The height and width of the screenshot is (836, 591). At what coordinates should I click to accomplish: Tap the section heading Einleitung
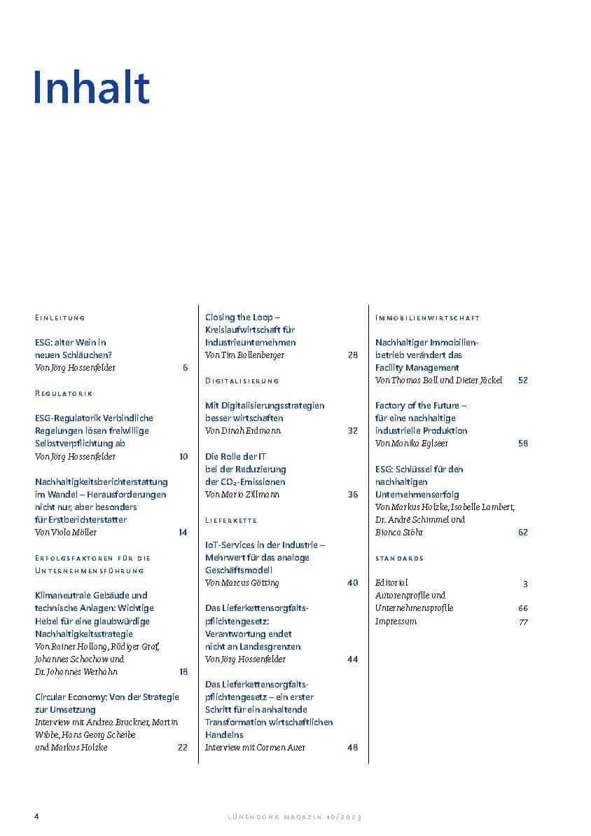pos(60,318)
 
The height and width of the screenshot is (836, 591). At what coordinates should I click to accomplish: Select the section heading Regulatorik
pos(64,394)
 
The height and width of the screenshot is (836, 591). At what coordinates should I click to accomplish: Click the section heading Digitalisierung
pos(242,381)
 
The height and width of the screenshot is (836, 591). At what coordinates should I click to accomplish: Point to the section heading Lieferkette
pos(231,521)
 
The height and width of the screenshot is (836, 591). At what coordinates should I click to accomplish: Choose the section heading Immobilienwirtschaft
pos(427,318)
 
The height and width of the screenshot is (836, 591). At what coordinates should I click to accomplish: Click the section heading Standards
pos(399,559)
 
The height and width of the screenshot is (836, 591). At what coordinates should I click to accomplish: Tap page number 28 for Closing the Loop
pos(352,355)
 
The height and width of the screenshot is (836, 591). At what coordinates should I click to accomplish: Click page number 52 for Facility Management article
pos(522,381)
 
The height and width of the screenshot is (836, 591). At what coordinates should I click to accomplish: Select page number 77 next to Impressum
pos(523,622)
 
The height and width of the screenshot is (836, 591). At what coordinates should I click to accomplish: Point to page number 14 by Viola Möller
pos(183,533)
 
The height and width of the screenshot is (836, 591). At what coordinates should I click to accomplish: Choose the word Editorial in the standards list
pos(391,582)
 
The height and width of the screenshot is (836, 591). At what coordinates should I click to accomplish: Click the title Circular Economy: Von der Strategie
pos(106,697)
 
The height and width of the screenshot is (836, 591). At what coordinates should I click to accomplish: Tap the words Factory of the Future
pos(420,406)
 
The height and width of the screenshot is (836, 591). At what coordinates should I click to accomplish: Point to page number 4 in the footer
pos(36,817)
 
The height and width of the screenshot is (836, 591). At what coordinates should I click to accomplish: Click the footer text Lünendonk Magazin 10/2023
pos(295,818)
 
